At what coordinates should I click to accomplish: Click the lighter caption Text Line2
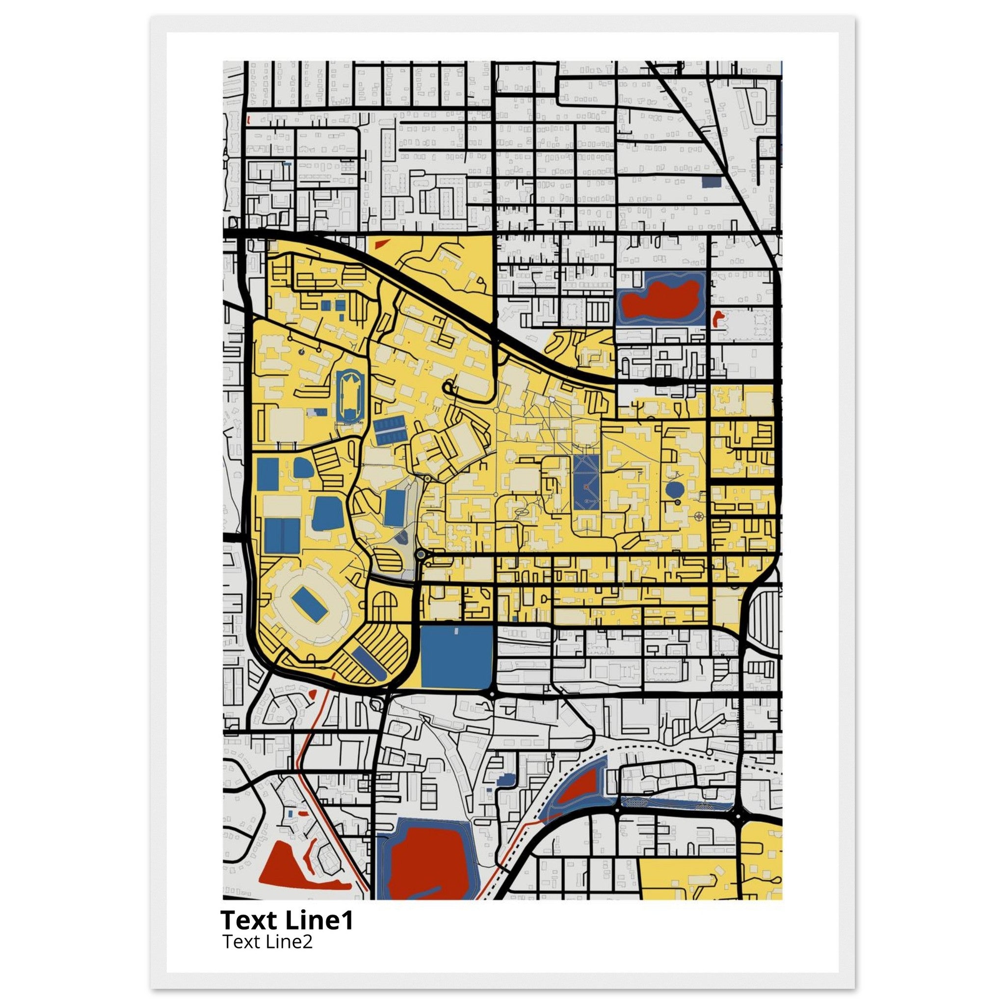(267, 941)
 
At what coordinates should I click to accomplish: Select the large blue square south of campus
(456, 657)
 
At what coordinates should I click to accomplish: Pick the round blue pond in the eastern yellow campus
(674, 489)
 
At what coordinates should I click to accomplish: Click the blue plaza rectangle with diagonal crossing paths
(587, 483)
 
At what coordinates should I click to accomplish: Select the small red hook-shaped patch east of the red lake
(718, 317)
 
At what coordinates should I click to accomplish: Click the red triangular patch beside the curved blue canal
(582, 793)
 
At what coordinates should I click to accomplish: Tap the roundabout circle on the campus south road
(421, 555)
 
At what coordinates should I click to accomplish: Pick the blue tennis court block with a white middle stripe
(387, 431)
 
